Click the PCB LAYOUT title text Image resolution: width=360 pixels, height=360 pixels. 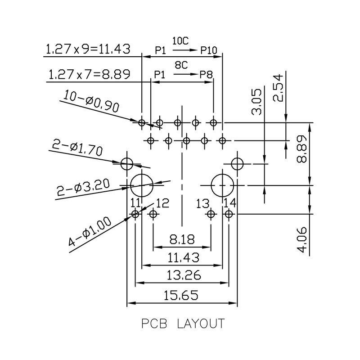(182, 324)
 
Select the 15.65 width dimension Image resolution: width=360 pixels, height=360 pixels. (182, 296)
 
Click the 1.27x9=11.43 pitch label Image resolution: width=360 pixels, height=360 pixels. (88, 49)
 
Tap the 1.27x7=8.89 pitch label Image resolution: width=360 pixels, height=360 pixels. (89, 74)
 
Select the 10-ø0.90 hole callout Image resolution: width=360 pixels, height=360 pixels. (91, 101)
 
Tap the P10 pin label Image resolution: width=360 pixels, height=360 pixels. (209, 50)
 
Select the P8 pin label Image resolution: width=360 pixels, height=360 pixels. (206, 75)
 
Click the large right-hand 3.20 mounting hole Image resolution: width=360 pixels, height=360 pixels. (222, 184)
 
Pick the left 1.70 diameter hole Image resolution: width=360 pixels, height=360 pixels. (127, 163)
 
